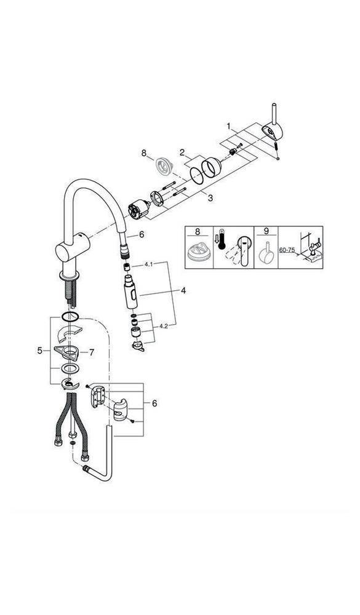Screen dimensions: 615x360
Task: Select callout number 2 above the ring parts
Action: pos(182,151)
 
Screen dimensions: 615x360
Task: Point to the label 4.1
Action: pos(148,264)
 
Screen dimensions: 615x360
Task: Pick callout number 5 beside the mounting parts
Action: pos(40,351)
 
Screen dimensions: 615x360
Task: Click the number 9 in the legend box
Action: pos(266,232)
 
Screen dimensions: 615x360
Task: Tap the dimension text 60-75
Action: pos(287,250)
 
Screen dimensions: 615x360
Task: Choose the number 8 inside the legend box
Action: pos(198,232)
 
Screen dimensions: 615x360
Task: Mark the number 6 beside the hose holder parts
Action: pos(154,403)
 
